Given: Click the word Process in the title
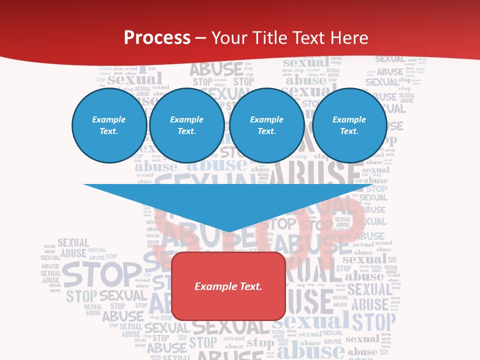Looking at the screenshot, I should [157, 38].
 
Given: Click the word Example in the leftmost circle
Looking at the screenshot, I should [109, 119].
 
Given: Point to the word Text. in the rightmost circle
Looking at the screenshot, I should [349, 131].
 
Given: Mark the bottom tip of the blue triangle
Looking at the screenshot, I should [228, 231].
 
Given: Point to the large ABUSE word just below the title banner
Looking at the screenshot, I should [216, 68].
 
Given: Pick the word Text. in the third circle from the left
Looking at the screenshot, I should [266, 131].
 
